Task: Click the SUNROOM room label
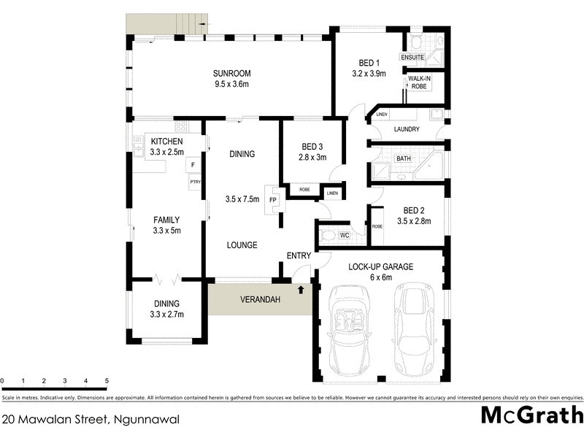(x=231, y=73)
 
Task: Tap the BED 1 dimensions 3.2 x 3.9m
(x=369, y=73)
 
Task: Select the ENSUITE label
(x=412, y=57)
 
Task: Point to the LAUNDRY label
(x=406, y=129)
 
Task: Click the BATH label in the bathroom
(x=403, y=158)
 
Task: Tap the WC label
(x=345, y=236)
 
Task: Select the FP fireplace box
(x=273, y=199)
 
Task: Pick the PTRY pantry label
(x=195, y=182)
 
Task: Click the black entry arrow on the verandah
(x=301, y=290)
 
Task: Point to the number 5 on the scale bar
(x=107, y=381)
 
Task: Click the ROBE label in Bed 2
(x=377, y=226)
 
